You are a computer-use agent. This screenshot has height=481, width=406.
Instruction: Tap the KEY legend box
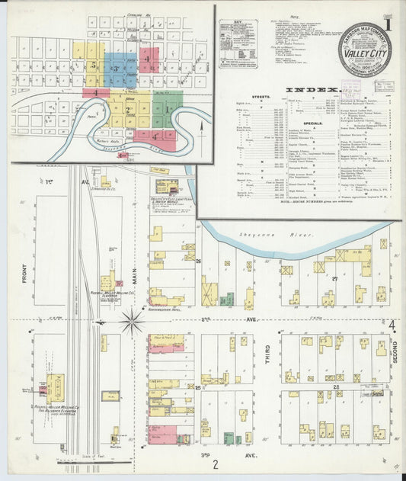coord(237,45)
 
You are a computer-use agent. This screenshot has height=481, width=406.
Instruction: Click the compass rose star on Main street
coord(132,320)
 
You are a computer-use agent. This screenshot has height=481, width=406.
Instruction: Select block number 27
coord(334,280)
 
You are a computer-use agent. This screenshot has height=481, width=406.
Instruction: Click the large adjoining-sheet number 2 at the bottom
coord(216,463)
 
